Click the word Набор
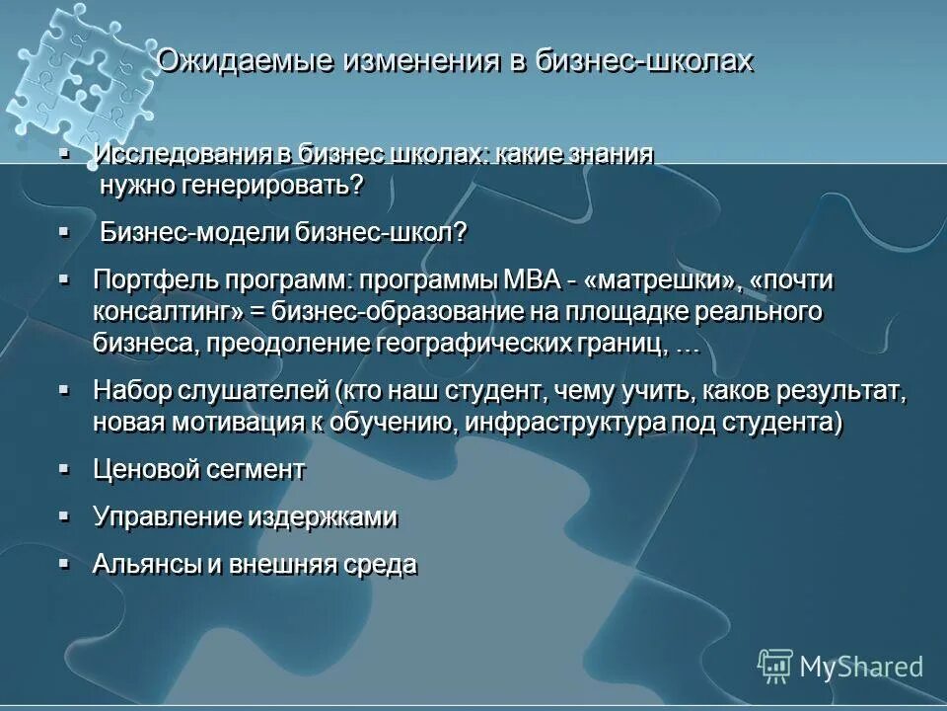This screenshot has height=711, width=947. [132, 391]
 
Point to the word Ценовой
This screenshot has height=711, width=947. [145, 470]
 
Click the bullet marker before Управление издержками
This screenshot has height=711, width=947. [64, 516]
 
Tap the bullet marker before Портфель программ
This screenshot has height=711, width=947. [64, 280]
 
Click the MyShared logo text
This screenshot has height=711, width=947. [861, 667]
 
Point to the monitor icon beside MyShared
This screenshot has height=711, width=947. [775, 666]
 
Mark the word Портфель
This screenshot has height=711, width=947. [149, 281]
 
